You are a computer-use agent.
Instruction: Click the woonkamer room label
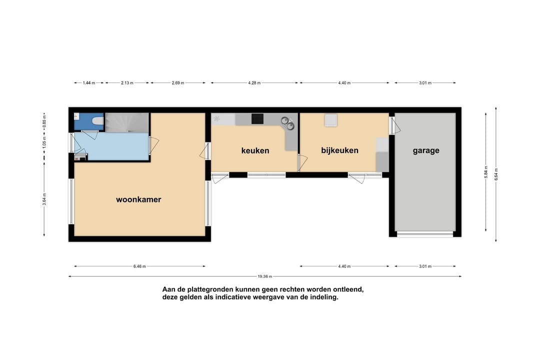pos(138,199)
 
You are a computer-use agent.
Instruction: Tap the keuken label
pos(255,150)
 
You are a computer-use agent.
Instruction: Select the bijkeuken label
pos(339,150)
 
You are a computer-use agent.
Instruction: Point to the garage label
pos(426,150)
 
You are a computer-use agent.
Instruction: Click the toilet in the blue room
pos(98,121)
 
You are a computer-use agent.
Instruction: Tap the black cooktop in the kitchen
pos(257,119)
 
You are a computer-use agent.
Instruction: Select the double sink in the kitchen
pos(287,123)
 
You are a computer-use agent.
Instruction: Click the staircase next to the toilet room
pos(127,122)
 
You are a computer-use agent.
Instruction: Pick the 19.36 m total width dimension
pos(265,276)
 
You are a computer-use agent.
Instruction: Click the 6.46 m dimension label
pos(139,266)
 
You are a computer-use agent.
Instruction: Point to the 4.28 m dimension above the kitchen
pos(254,82)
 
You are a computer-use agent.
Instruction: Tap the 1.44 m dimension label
pos(89,82)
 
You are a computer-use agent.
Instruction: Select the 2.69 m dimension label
pos(178,82)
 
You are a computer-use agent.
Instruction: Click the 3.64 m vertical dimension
pos(44,199)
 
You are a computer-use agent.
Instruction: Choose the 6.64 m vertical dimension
pos(496,174)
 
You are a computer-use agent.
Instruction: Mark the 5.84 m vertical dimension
pos(486,172)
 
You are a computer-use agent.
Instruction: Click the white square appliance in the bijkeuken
pos(330,120)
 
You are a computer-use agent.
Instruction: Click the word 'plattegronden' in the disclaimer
pos(209,289)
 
